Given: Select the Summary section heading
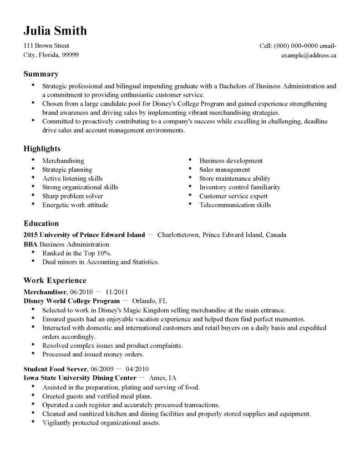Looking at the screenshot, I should (41, 74).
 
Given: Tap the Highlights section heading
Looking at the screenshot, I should (42, 149).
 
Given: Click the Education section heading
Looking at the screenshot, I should (41, 223).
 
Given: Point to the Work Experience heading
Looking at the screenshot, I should (55, 280).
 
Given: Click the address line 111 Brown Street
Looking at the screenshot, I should (46, 46).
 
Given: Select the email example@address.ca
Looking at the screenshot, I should (309, 56).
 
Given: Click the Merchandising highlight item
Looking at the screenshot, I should (63, 161).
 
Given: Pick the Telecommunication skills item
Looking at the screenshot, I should (235, 205).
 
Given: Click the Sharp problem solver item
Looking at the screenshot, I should (72, 196).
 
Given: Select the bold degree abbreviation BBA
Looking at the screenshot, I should (30, 244).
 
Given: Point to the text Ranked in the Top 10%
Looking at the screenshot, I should (76, 253).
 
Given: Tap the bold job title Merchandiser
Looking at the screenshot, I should (45, 292).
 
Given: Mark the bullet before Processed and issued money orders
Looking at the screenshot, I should (33, 354).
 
